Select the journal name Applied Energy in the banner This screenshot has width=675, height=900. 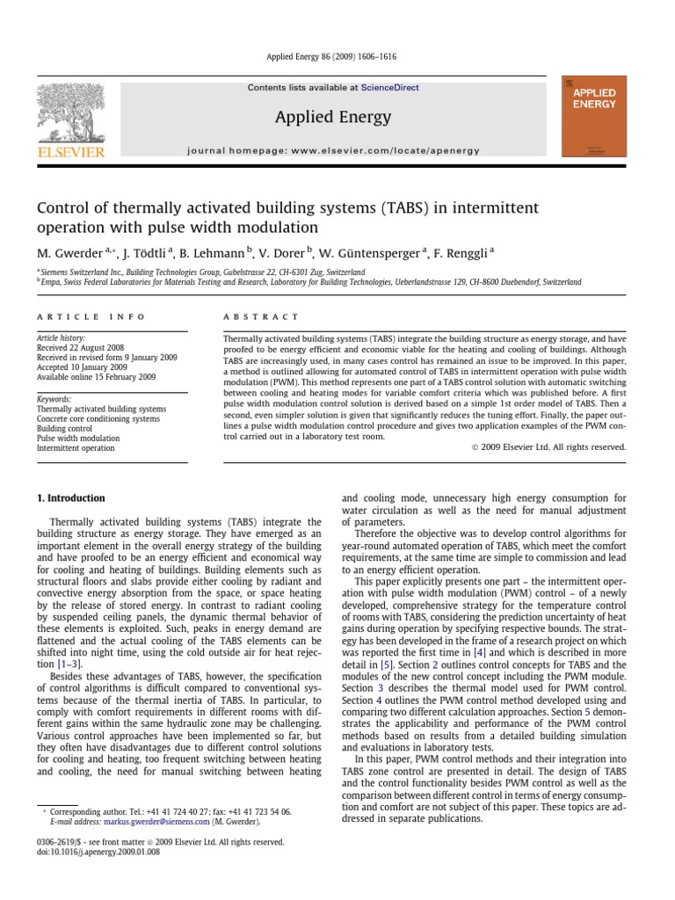click(333, 117)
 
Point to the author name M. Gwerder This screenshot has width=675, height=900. click(70, 253)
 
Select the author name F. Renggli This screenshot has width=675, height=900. click(462, 253)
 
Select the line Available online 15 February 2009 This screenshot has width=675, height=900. click(96, 377)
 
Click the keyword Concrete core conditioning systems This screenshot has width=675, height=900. click(98, 419)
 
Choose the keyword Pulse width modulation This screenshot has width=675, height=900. click(78, 438)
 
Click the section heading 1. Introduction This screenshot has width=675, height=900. click(70, 498)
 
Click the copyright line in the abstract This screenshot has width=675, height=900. click(558, 446)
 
